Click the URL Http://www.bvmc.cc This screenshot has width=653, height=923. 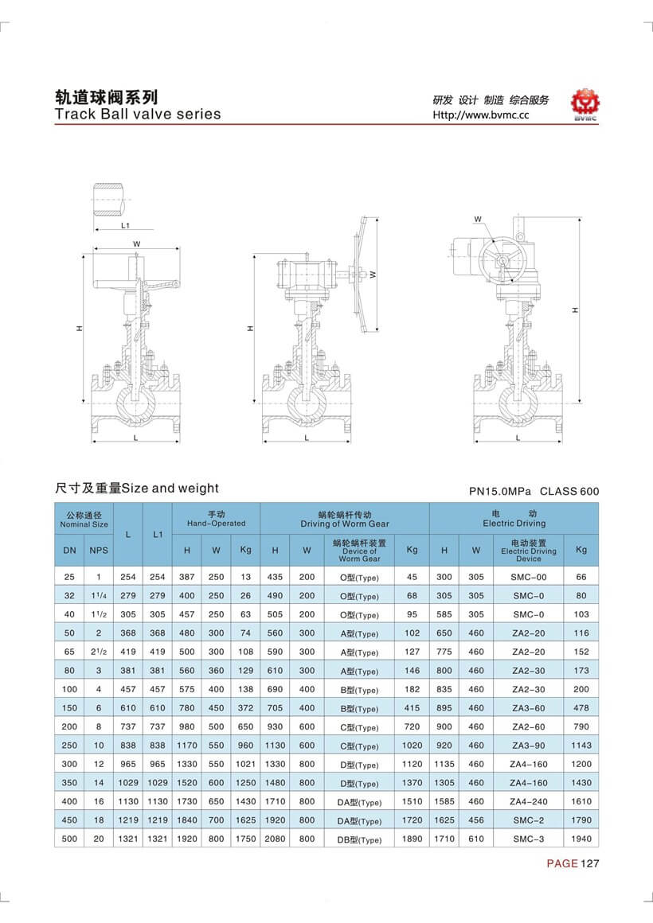click(480, 115)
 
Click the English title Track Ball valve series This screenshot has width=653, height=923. click(137, 114)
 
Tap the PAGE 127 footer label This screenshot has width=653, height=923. click(571, 864)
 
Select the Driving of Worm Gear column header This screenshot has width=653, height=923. click(344, 519)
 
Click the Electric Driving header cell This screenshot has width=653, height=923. click(514, 519)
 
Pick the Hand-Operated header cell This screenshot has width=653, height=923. click(216, 519)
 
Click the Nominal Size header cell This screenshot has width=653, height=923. click(84, 520)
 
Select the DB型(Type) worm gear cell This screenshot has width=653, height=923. click(359, 839)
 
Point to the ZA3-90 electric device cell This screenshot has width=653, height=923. click(528, 746)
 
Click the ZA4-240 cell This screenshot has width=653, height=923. click(528, 801)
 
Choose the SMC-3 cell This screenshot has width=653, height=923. click(528, 838)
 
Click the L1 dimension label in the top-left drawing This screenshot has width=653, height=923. click(125, 225)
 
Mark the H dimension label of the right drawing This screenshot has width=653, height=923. click(574, 310)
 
